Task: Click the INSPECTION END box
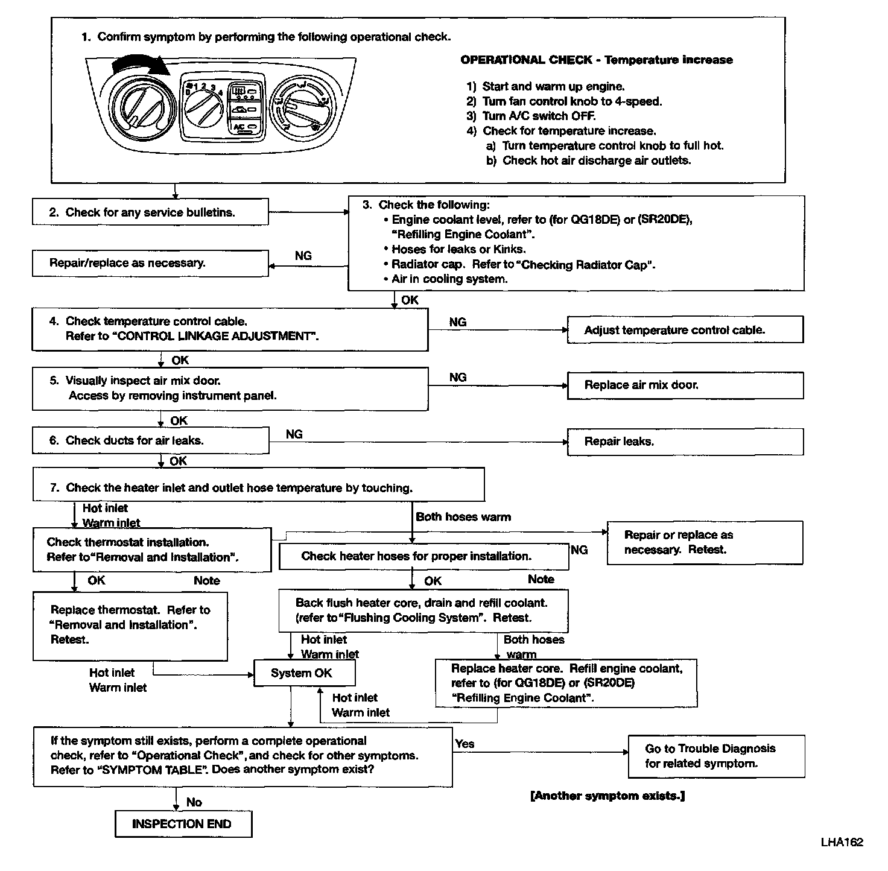point(183,824)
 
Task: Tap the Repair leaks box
point(685,442)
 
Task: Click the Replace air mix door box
point(685,385)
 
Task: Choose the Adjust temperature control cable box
point(685,330)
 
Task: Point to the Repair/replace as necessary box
point(150,264)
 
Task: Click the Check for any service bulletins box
point(150,212)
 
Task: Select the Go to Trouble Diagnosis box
point(716,756)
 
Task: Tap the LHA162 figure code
point(842,842)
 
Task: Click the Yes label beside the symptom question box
point(465,744)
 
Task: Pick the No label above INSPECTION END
point(194,802)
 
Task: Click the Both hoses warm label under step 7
point(463,517)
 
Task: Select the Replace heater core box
point(566,683)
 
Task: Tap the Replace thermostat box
point(130,626)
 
